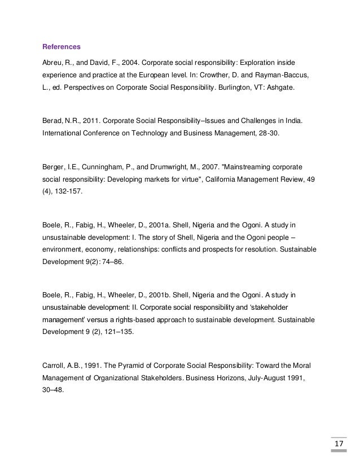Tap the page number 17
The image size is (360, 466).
point(339,448)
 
